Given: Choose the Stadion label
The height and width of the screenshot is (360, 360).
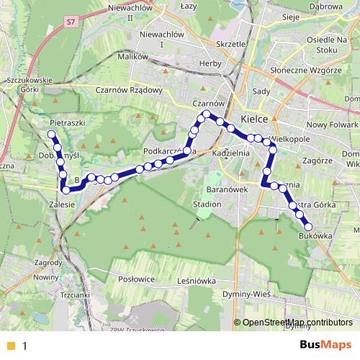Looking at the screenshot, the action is point(207,204).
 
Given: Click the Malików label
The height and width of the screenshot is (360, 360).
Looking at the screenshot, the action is point(132,57).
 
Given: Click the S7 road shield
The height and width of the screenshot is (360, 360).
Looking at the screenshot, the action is point(69,24).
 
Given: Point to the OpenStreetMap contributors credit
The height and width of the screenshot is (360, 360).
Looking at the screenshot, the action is point(297,323).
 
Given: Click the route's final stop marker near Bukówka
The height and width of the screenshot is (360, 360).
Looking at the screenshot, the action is point(308,227).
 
